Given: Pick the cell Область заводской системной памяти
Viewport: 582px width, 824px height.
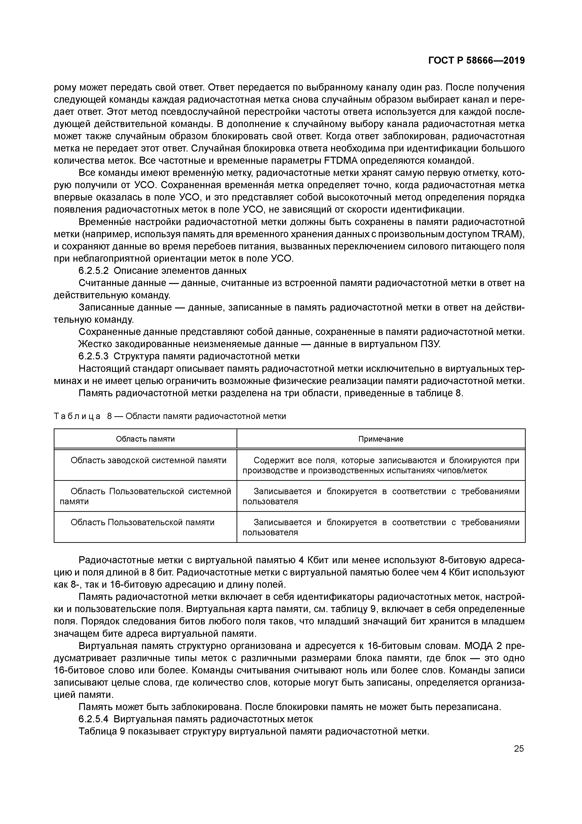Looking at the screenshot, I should [149, 460].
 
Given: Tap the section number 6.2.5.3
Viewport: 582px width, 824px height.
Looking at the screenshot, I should [93, 356].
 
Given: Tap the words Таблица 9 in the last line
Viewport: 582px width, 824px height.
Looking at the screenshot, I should [101, 731].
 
